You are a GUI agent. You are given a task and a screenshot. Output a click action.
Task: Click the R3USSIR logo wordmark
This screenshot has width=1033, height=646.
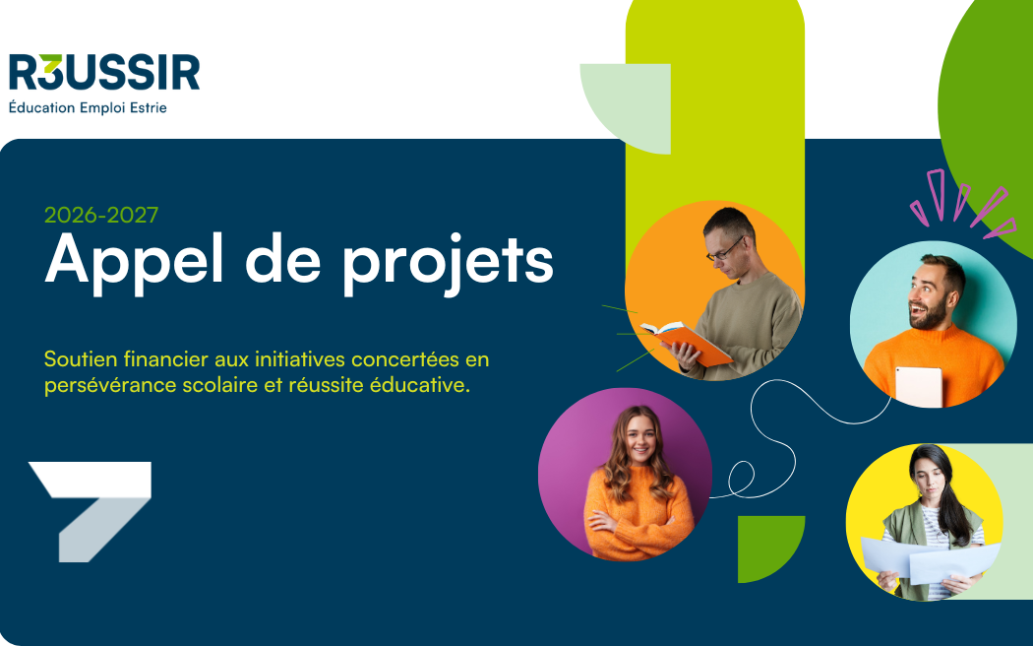[x=104, y=72]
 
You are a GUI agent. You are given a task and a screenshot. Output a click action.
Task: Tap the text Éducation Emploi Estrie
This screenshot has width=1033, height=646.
[x=88, y=107]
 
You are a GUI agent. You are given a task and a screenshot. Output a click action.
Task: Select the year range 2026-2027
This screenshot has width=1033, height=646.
[x=101, y=215]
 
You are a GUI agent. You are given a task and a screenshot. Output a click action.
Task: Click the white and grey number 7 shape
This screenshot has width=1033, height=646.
[x=90, y=511]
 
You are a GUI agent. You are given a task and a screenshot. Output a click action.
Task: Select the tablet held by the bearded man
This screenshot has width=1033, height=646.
[x=918, y=386]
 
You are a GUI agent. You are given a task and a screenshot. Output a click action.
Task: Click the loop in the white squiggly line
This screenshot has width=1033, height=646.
[x=742, y=477]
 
